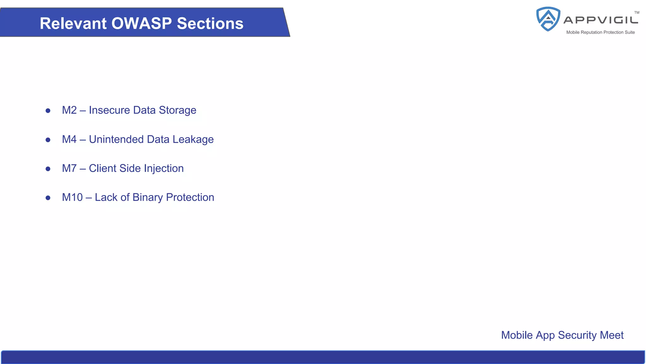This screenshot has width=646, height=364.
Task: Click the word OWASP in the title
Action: click(141, 23)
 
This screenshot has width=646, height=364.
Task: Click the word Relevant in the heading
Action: click(73, 23)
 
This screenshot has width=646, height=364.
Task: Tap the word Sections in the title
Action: click(210, 23)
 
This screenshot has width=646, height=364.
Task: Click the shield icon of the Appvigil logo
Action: click(548, 19)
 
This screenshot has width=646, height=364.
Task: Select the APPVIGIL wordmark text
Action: click(601, 20)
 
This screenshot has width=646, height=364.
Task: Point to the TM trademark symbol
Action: click(637, 13)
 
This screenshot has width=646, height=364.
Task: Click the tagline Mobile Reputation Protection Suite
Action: click(600, 32)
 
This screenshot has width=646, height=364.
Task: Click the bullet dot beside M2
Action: click(48, 111)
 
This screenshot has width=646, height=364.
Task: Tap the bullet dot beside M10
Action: click(48, 198)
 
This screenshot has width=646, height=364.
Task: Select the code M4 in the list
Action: click(69, 139)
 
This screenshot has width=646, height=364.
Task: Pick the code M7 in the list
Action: click(69, 168)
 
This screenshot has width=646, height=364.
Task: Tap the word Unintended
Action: click(116, 139)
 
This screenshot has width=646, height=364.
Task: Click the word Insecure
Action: click(109, 110)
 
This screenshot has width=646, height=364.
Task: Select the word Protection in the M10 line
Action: click(190, 197)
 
